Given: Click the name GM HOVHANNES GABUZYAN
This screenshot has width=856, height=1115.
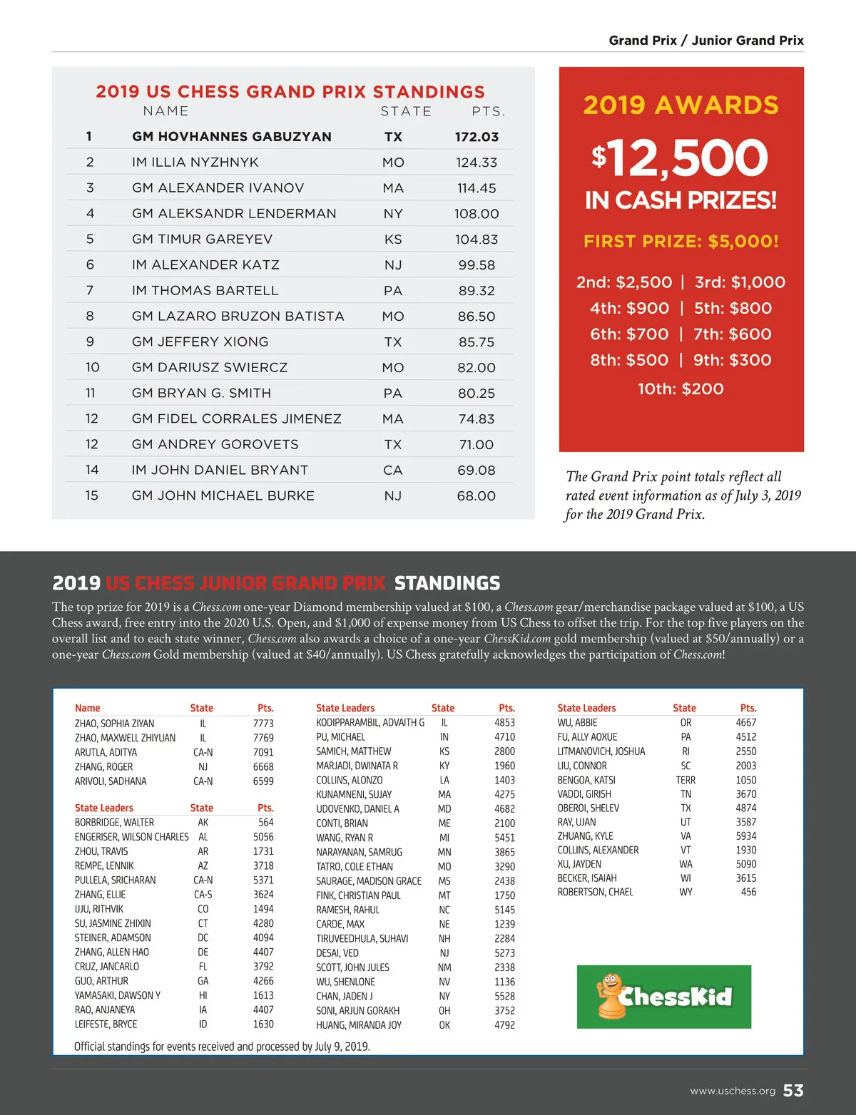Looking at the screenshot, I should click(231, 136).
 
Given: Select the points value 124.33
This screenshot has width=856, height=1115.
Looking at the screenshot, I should click(477, 163).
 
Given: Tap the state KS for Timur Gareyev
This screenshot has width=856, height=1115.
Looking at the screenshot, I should click(393, 240).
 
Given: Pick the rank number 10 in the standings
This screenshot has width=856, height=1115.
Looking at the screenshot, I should click(92, 367).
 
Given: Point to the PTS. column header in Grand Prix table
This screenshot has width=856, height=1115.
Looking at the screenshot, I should click(489, 111).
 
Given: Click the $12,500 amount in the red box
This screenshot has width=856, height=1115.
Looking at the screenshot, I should click(680, 158).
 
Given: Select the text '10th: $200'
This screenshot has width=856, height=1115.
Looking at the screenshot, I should click(681, 389).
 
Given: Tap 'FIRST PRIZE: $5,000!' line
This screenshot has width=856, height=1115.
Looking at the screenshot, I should click(681, 241).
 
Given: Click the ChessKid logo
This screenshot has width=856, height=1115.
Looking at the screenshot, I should click(663, 996).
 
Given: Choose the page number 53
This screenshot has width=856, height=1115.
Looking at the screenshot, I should click(793, 1091).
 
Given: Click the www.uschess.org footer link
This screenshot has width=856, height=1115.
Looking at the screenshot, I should click(733, 1091).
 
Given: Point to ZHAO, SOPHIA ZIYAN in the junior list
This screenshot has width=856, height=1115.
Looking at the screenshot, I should click(114, 723).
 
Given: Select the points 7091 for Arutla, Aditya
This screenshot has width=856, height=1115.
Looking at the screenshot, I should click(263, 752).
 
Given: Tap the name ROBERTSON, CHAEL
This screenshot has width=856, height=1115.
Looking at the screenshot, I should click(595, 892).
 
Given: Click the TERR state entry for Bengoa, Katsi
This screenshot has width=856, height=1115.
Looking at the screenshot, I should click(686, 780).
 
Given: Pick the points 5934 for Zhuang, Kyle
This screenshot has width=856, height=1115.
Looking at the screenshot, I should click(746, 836).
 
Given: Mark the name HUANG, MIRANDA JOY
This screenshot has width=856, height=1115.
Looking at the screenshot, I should click(359, 1025).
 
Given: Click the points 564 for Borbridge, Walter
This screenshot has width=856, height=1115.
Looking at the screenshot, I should click(265, 822).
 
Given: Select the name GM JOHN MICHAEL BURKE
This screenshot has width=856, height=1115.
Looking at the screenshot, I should click(223, 495).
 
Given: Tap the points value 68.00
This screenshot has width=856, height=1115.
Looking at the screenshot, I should click(476, 496).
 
